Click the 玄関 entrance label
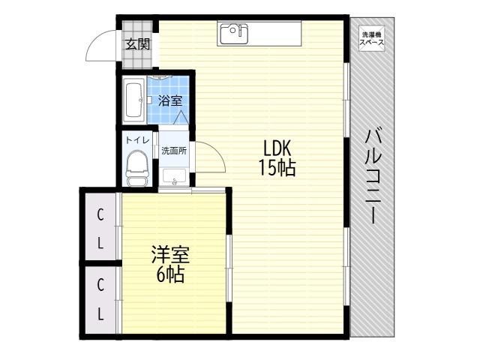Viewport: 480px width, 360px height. [138, 45]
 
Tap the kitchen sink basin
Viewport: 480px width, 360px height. [234, 34]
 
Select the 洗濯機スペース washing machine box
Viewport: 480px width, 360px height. [371, 38]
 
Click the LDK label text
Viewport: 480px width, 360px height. [277, 148]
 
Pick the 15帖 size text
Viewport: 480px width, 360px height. [277, 167]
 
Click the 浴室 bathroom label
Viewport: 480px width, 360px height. [170, 100]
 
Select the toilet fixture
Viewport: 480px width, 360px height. [137, 168]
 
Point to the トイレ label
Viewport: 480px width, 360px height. [137, 140]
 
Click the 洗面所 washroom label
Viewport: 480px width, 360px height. [174, 151]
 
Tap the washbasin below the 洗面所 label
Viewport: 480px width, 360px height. [175, 177]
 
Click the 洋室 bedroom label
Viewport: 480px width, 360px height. [170, 255]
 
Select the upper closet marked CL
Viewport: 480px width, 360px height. [100, 228]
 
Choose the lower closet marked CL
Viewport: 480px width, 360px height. [100, 300]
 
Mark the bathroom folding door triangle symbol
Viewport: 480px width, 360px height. [181, 118]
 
